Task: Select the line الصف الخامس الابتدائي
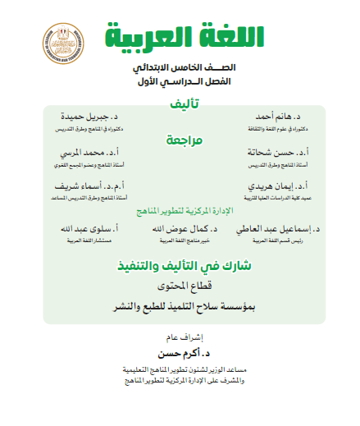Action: (x=179, y=69)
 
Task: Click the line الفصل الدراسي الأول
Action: (x=179, y=84)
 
